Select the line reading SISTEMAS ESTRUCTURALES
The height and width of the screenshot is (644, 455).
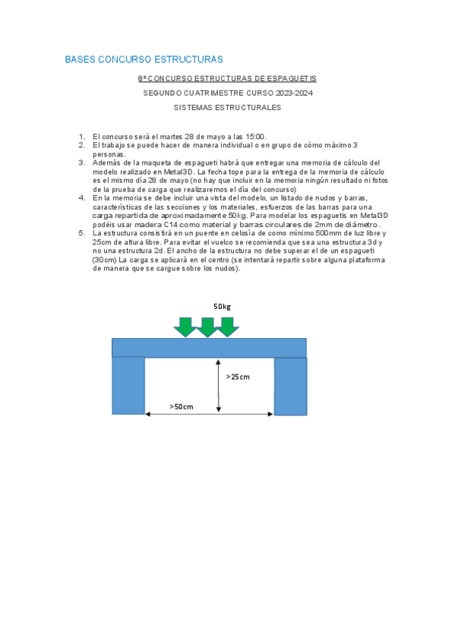[x=227, y=108]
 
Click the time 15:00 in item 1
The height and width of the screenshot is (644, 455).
[x=254, y=137]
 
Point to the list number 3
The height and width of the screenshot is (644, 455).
[x=82, y=163]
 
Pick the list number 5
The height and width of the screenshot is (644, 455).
[x=82, y=233]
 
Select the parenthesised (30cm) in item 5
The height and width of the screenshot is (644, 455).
[x=105, y=260]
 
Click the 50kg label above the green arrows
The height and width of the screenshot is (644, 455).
[x=222, y=307]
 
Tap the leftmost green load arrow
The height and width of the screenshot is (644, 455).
[x=185, y=327]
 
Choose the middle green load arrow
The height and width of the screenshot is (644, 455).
[x=207, y=327]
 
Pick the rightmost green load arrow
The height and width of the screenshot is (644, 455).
[x=227, y=327]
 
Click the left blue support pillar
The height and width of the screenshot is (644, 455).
[x=128, y=386]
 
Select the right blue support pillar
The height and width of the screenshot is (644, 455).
[x=290, y=386]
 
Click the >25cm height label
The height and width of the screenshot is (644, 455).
[x=238, y=377]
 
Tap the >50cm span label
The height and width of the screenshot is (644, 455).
[x=182, y=407]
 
